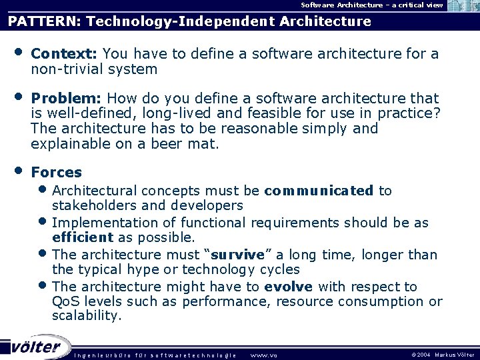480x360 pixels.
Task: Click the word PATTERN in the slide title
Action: coord(44,21)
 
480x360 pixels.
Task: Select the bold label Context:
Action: coord(65,53)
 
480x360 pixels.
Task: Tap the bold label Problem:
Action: coord(67,99)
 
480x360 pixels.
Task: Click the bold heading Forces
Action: coord(57,172)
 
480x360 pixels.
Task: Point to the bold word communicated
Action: coord(319,191)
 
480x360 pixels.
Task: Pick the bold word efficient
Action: coord(83,237)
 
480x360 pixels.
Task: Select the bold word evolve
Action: coord(288,287)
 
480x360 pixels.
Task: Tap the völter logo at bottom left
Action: coord(37,347)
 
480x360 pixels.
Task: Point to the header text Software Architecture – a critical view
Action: coord(371,5)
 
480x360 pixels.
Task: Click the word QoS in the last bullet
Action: coord(66,302)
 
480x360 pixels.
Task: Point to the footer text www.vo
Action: coord(263,355)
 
